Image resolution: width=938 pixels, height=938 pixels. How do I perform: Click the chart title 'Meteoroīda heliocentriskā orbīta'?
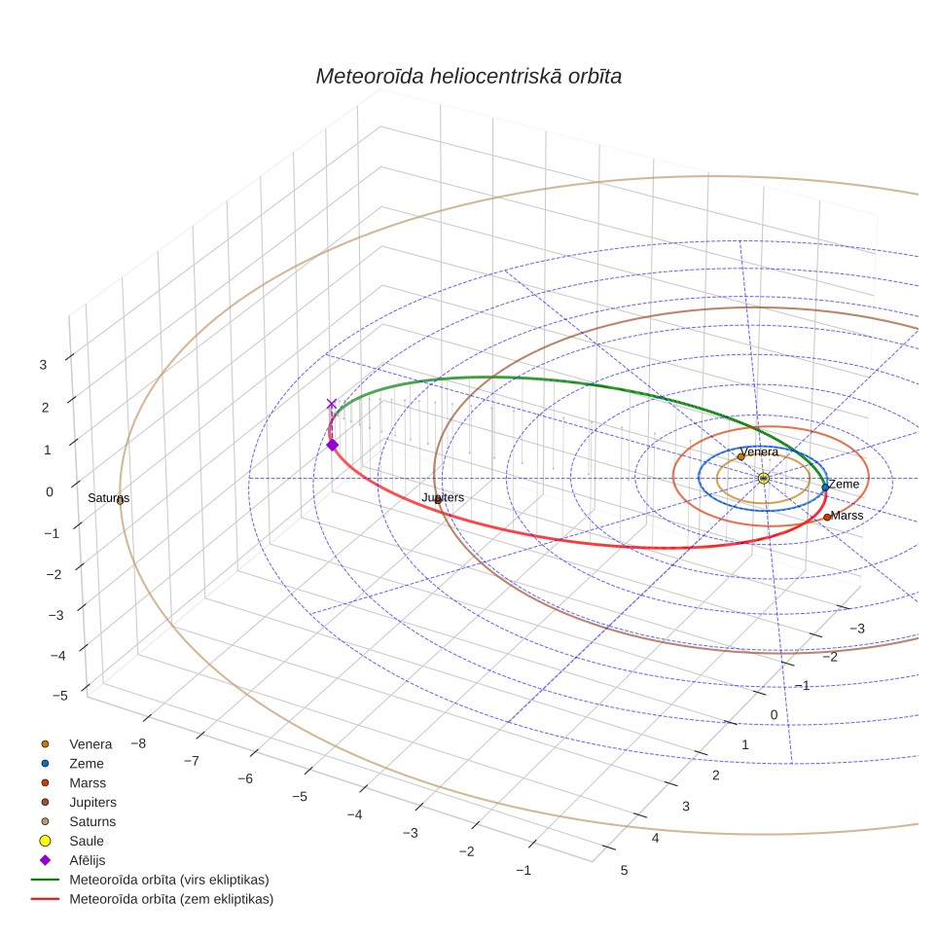coord(468,77)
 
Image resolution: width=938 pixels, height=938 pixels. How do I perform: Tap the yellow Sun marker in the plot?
coord(763,478)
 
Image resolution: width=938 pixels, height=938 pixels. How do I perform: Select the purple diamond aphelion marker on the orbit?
coord(332,445)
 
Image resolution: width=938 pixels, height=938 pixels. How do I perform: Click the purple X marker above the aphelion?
coord(332,404)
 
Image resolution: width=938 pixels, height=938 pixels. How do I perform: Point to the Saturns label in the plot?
coord(108,498)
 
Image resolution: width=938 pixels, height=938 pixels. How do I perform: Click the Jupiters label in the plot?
coord(443,497)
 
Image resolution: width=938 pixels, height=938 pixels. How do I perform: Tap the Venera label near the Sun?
coord(759,451)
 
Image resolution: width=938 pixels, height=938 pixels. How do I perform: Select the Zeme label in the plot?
coord(844,484)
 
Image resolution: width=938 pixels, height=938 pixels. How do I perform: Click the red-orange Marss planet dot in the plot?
coord(827,517)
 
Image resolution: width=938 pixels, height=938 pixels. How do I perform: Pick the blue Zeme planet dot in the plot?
coord(825,487)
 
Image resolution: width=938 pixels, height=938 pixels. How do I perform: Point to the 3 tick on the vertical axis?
coord(43,364)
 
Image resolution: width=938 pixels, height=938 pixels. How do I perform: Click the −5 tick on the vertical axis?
coord(59,695)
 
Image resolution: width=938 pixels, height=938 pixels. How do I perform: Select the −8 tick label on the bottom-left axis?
coord(138,743)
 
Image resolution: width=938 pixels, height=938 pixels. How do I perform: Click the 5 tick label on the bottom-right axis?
coord(624,871)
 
